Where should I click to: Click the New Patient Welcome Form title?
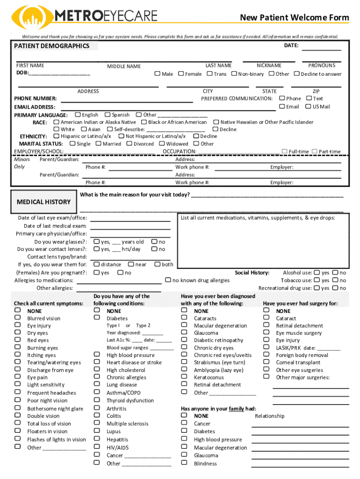(294, 18)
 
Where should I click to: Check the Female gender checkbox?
(180, 73)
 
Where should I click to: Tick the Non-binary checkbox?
(234, 73)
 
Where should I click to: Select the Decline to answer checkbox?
(296, 73)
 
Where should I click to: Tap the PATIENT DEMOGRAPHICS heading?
(51, 46)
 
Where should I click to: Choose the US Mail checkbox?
(309, 106)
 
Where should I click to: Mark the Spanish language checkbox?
(107, 115)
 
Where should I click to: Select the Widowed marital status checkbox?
(162, 144)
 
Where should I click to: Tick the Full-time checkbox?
(284, 151)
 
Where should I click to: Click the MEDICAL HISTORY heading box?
(43, 202)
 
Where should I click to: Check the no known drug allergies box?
(168, 280)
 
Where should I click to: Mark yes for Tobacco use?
(317, 280)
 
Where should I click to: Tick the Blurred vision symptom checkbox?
(18, 318)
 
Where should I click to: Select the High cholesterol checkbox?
(96, 370)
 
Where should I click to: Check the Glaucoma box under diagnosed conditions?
(184, 333)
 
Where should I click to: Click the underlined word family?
(237, 408)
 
